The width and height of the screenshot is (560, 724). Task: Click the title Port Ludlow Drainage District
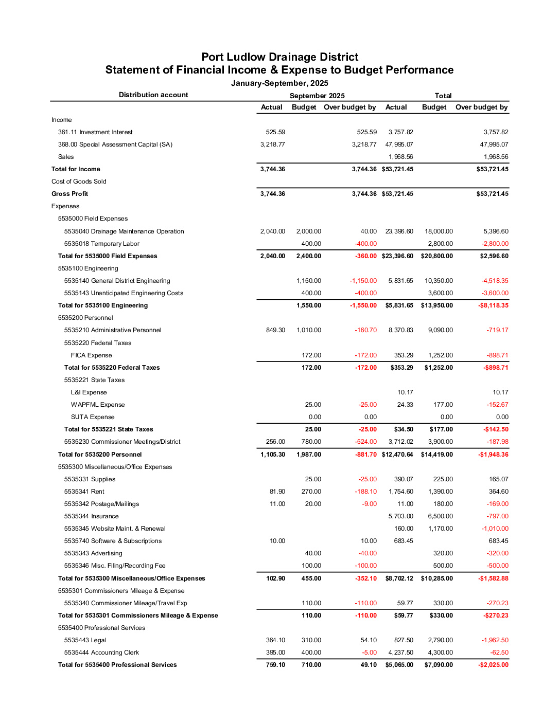(279, 57)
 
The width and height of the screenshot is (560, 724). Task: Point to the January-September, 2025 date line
(279, 83)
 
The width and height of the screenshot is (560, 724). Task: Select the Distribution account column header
(153, 95)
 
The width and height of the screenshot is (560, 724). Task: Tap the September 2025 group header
(317, 96)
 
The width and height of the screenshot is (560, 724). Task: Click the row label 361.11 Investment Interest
(95, 132)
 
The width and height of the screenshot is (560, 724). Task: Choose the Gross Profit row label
(69, 194)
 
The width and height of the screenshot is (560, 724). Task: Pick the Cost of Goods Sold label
(79, 182)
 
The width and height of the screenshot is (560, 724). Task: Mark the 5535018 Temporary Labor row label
(101, 244)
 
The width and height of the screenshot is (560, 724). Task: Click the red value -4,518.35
(495, 281)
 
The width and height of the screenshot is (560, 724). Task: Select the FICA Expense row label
(91, 355)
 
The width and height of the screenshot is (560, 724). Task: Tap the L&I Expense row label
(89, 392)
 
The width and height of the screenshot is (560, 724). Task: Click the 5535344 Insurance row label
(91, 516)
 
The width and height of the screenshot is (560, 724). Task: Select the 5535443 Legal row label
(85, 640)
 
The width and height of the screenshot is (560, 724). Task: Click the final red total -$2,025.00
(493, 665)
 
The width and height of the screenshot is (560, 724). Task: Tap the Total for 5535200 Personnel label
(100, 455)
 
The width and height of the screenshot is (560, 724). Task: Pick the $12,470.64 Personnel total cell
(397, 455)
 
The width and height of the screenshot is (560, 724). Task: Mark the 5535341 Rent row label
(84, 492)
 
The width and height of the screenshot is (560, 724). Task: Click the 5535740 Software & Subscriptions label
(113, 541)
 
